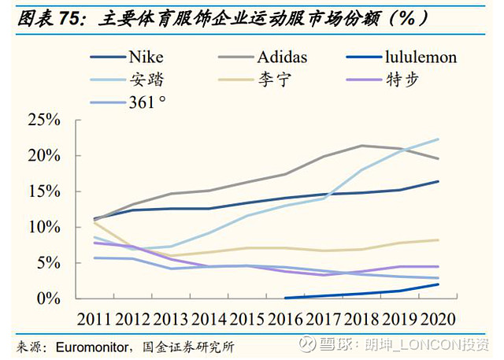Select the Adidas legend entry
[x=280, y=58]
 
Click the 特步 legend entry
[x=404, y=79]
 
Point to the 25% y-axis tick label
[x=44, y=120]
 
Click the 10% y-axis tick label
[x=44, y=227]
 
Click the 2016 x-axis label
[x=284, y=319]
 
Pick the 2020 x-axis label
[x=438, y=319]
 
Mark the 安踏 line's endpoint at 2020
[x=439, y=139]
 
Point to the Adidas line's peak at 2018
[x=361, y=146]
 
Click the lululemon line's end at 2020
[x=439, y=284]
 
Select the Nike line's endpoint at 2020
[x=439, y=181]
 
